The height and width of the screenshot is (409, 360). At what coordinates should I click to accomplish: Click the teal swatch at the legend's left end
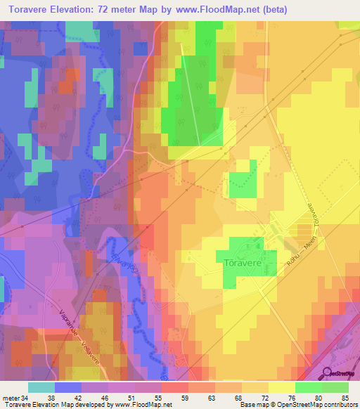pyautogui.click(x=41, y=387)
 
